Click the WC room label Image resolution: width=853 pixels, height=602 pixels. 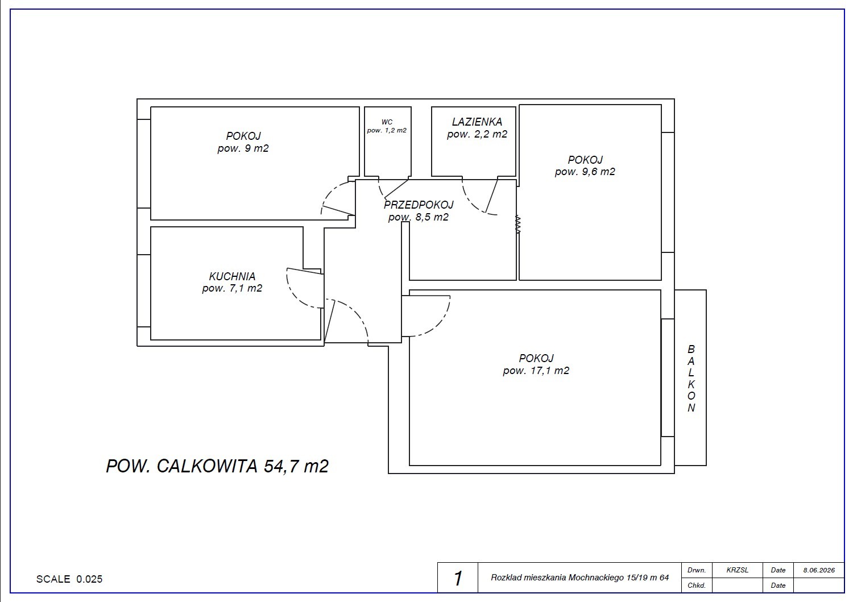pos(387,122)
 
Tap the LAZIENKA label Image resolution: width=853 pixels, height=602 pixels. pos(477,122)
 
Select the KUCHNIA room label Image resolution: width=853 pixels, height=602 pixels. pos(232,276)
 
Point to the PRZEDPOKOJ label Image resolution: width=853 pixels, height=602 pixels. pos(419,205)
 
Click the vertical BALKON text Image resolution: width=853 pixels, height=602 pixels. pos(691,379)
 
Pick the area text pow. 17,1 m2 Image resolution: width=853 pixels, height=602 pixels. pos(536,371)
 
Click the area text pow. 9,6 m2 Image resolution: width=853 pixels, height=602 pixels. pos(585,172)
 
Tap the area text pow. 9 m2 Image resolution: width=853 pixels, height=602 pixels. pos(243,148)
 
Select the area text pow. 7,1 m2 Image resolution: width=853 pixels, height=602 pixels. pos(232,288)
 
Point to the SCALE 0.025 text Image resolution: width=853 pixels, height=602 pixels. pos(69,579)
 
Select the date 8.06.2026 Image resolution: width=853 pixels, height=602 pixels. pos(819,570)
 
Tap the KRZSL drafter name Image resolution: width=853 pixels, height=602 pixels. pos(737,570)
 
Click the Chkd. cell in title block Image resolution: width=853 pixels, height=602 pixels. pos(697,586)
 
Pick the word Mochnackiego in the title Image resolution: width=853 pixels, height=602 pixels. pos(597,578)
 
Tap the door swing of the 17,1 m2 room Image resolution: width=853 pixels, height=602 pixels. pos(438,323)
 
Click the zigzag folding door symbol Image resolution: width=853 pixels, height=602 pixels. pos(517,225)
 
